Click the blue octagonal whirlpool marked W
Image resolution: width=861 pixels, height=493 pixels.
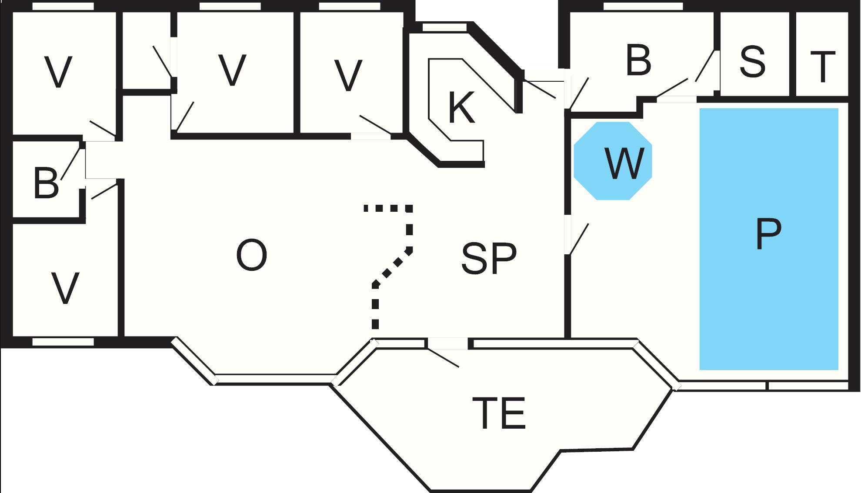(613, 161)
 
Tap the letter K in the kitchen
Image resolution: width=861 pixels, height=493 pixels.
(461, 108)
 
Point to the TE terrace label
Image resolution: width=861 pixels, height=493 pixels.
(499, 413)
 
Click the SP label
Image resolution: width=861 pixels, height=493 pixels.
(489, 259)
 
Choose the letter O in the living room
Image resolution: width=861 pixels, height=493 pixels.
(251, 255)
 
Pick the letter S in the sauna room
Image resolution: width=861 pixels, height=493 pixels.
(752, 62)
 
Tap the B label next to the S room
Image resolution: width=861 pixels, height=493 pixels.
(638, 60)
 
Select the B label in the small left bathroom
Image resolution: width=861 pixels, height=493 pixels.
(46, 183)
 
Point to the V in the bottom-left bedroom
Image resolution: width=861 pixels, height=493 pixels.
(65, 288)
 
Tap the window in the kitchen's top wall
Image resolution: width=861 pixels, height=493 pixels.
(444, 27)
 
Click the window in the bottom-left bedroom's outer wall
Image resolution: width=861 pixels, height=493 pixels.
(63, 342)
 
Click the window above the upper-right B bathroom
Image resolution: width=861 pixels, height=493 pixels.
(643, 6)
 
